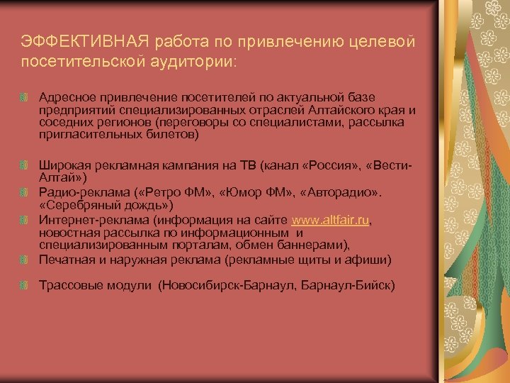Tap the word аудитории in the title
(194, 62)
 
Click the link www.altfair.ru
(330, 221)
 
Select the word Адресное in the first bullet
(62, 96)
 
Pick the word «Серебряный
(76, 204)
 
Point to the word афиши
(371, 260)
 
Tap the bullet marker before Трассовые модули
(25, 285)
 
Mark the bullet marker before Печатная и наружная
(25, 260)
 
